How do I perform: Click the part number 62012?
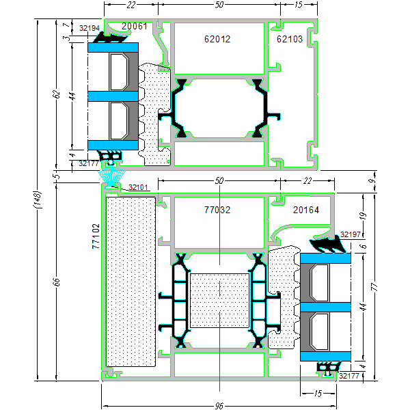pos(217,40)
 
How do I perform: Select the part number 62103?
pos(290,40)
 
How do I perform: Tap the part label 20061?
pos(134,26)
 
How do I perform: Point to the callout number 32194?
pos(90,29)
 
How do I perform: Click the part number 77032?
pos(217,210)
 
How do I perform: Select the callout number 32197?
pos(350,234)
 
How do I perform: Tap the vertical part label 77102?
pos(96,236)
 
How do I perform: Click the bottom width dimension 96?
pos(219,405)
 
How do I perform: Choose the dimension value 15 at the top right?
pos(298,5)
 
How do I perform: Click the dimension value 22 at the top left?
pos(131,5)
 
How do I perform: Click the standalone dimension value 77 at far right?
pos(373,287)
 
